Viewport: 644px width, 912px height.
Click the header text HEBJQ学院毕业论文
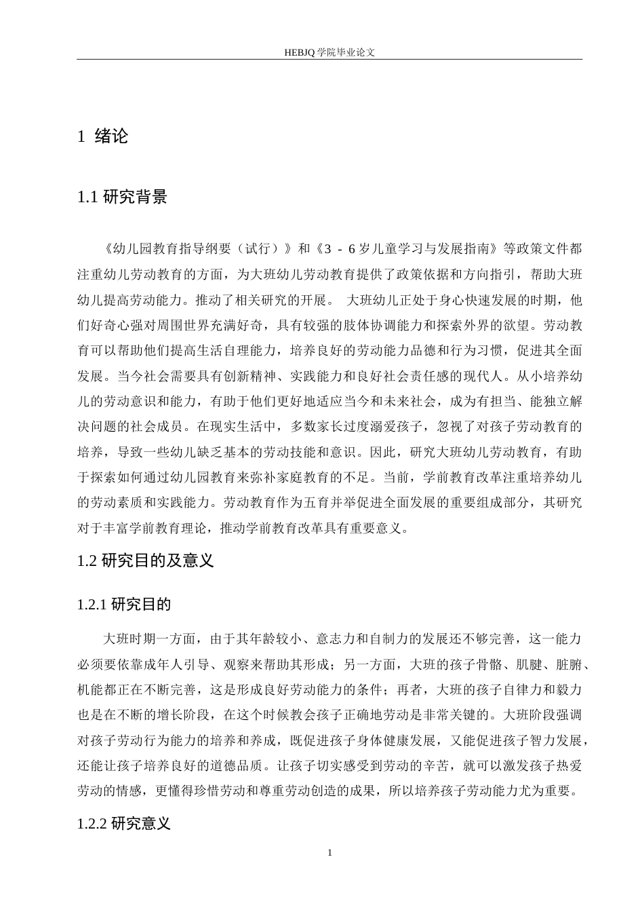pyautogui.click(x=329, y=52)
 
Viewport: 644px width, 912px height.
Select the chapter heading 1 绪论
pyautogui.click(x=103, y=136)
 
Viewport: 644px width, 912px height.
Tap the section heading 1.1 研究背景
pyautogui.click(x=123, y=197)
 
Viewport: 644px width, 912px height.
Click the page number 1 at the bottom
pyautogui.click(x=329, y=852)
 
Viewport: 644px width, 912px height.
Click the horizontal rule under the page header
pyautogui.click(x=329, y=59)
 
